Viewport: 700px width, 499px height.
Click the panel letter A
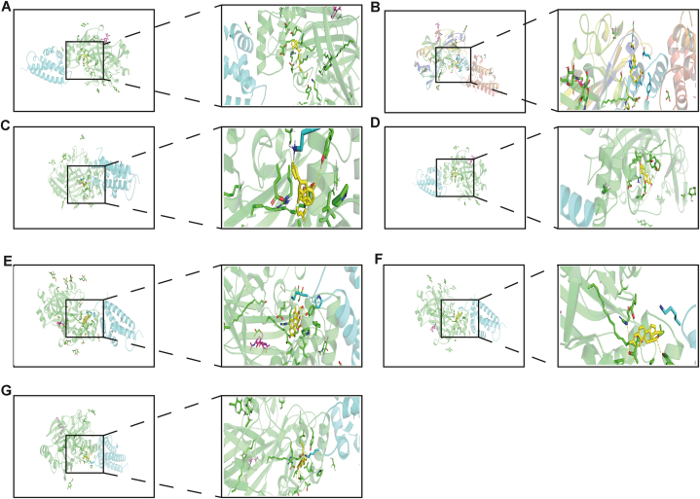tap(6, 8)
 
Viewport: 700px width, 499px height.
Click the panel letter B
tap(376, 8)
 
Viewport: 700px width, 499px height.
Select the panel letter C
tap(6, 125)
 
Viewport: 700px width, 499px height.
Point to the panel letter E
tap(7, 261)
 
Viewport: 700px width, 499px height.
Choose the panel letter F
tap(379, 259)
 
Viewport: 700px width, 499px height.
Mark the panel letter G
tap(7, 390)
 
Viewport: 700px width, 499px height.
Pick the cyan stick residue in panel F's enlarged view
tap(670, 313)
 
